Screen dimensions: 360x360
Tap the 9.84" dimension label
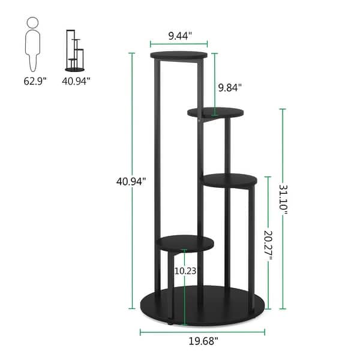pyautogui.click(x=230, y=88)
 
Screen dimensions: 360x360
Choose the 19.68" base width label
pyautogui.click(x=201, y=341)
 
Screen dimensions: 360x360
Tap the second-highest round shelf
pyautogui.click(x=215, y=112)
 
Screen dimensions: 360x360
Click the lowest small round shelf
pyautogui.click(x=186, y=242)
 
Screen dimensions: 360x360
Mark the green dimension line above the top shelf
pyautogui.click(x=179, y=44)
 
